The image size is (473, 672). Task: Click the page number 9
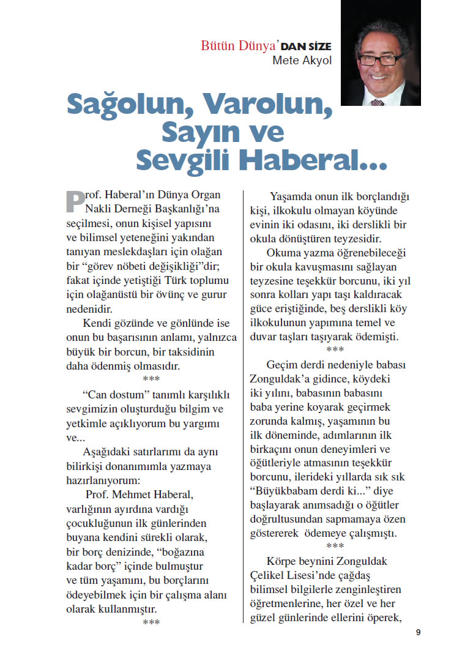[418, 632]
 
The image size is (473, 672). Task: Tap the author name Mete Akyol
[303, 61]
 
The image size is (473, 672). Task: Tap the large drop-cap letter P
[75, 201]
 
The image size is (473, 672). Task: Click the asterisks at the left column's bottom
[151, 623]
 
